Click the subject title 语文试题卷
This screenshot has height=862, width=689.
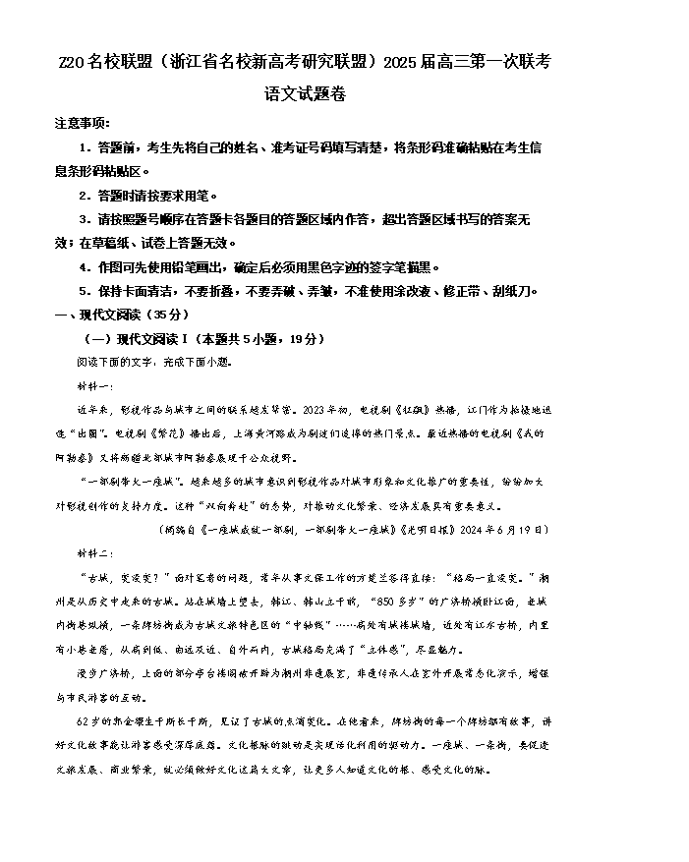click(x=305, y=94)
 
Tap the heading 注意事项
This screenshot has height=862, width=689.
click(x=83, y=124)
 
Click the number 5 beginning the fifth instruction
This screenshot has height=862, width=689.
click(x=84, y=291)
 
